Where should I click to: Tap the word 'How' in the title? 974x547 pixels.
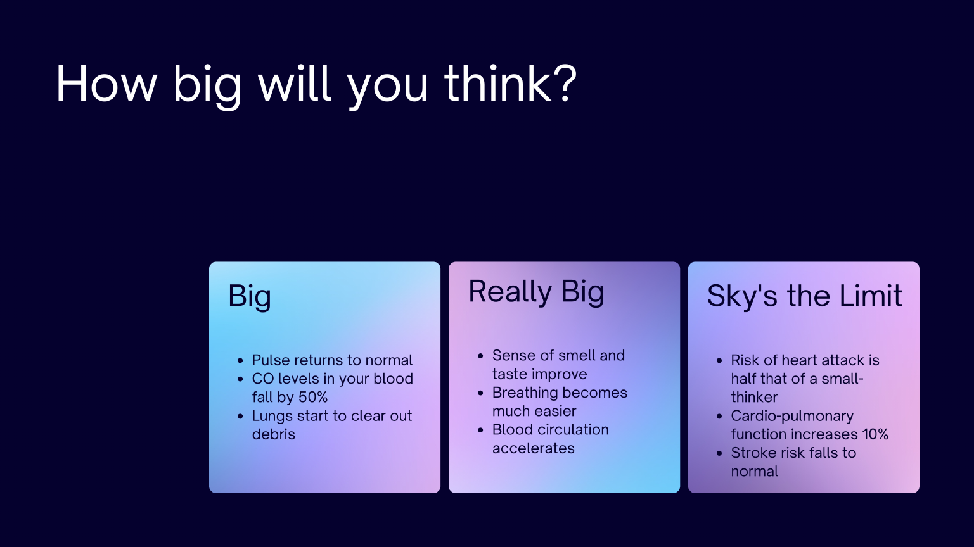[106, 83]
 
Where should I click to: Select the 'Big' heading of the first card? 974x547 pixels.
[250, 296]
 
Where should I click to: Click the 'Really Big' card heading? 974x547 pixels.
[536, 292]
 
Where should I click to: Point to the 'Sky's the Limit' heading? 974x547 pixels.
[804, 296]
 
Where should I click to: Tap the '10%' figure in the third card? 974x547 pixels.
[874, 434]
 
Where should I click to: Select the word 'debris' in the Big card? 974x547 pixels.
[274, 434]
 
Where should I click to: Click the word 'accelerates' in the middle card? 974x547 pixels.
[534, 448]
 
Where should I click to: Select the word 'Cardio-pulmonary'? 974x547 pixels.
[792, 416]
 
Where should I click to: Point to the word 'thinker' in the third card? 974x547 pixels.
[754, 397]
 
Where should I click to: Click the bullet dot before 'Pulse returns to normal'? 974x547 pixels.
[240, 361]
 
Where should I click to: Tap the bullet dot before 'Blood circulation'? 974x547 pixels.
[480, 430]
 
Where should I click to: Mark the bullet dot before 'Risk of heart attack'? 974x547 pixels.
[719, 361]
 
